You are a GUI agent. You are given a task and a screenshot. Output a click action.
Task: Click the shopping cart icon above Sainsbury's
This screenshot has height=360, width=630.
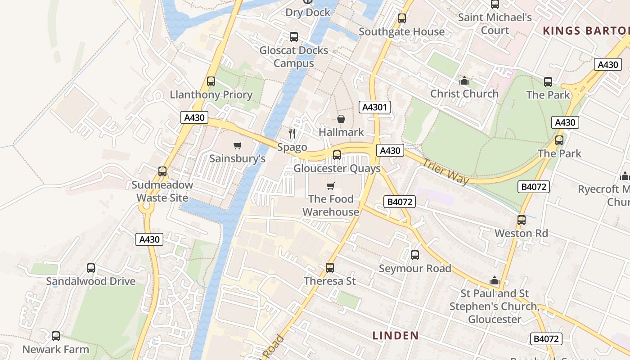(x=238, y=145)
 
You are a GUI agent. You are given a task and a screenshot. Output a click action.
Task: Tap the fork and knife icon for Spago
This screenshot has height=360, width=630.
(x=292, y=133)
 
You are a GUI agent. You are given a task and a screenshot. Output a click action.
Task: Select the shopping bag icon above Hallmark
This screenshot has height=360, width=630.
(x=341, y=119)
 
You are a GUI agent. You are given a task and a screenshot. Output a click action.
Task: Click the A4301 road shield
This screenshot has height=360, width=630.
(x=374, y=107)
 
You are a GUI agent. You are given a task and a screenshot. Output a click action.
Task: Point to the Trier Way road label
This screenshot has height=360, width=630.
(x=445, y=171)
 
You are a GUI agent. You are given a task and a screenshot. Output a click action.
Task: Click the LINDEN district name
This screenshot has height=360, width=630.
(x=396, y=335)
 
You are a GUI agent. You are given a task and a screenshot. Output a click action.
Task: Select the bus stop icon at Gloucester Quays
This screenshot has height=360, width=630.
(x=337, y=155)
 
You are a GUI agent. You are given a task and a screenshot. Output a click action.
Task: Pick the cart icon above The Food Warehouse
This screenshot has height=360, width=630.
(x=331, y=186)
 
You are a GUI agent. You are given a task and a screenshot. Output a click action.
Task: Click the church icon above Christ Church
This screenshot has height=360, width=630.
(x=464, y=81)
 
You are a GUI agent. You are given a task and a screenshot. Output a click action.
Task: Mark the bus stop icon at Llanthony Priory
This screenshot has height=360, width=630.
(x=211, y=81)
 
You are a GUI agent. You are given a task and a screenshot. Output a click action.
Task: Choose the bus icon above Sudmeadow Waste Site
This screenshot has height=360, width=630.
(x=162, y=171)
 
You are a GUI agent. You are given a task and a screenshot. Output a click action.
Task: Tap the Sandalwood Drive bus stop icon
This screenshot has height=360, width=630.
(x=91, y=268)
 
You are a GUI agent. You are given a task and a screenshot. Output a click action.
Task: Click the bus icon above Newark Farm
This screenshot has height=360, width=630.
(x=56, y=336)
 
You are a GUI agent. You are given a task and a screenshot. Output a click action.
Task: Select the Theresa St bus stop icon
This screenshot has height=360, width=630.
(x=330, y=268)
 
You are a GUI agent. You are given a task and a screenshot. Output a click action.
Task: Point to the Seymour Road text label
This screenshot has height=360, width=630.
(x=415, y=269)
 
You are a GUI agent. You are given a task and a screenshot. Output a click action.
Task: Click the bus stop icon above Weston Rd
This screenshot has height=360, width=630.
(x=521, y=220)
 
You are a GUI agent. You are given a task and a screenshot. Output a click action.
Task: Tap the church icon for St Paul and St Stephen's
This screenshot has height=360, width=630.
(x=495, y=281)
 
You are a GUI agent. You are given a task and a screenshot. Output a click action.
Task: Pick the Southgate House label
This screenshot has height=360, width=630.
(x=401, y=31)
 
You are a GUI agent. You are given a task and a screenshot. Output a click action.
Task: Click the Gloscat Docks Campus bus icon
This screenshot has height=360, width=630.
(x=294, y=37)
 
